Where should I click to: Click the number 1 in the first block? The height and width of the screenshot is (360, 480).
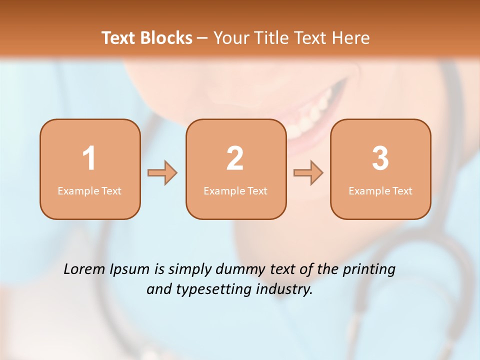89,158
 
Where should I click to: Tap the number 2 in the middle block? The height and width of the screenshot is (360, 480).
235,158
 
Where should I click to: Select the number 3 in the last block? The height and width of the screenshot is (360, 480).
380,158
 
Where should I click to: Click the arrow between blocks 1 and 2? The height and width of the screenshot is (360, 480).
162,173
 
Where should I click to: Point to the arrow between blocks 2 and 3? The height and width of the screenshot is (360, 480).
308,173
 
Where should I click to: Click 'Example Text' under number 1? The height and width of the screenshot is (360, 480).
89,191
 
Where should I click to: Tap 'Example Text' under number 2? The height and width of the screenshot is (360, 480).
235,191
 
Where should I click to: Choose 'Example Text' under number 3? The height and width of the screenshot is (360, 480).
380,191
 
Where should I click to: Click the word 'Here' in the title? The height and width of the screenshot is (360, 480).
352,38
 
